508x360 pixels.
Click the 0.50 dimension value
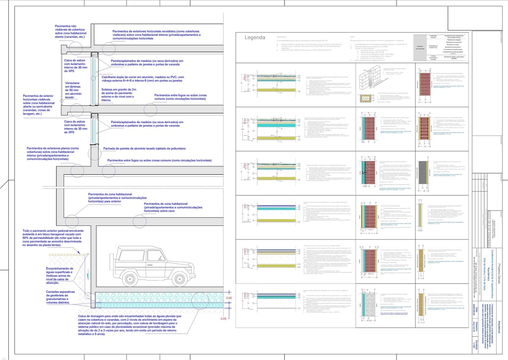click(x=229, y=298)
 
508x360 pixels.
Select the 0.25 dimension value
click(x=224, y=318)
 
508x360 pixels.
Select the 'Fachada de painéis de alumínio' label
click(x=144, y=148)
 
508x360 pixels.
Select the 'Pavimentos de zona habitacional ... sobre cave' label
click(x=173, y=207)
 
